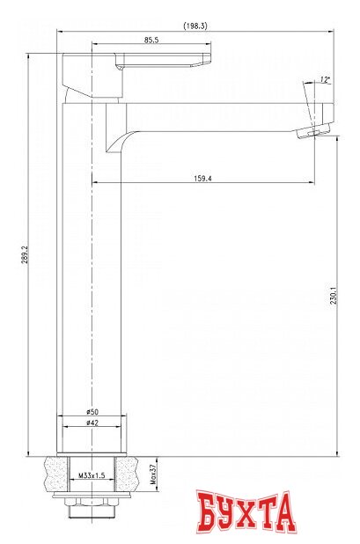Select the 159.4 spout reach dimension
tap(202, 180)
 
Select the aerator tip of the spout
tap(316, 131)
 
